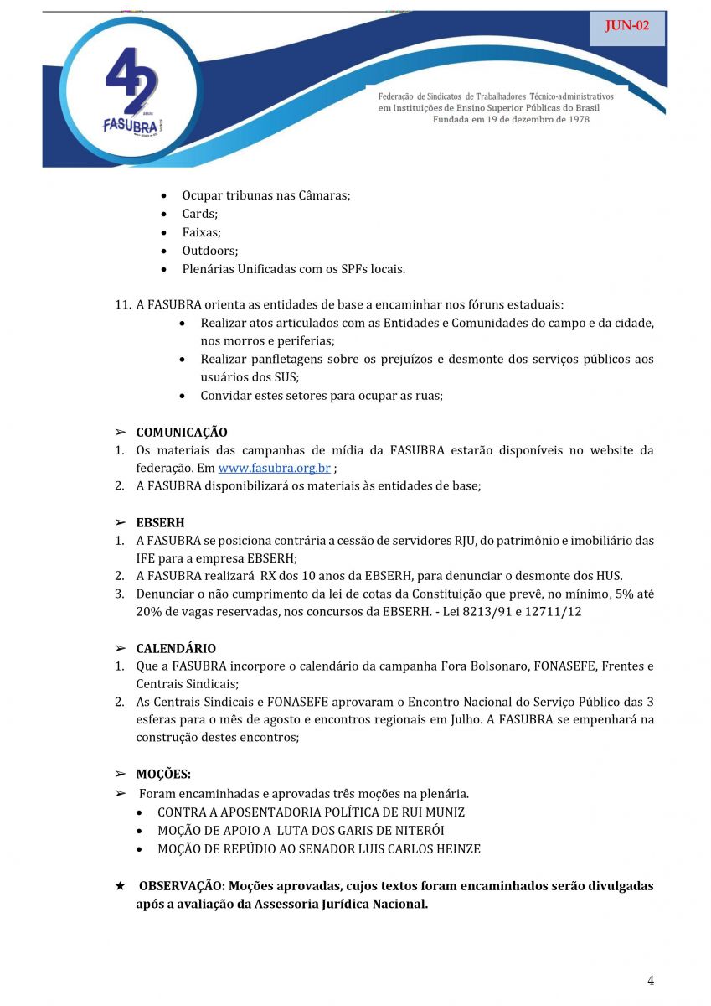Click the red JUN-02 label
pyautogui.click(x=627, y=26)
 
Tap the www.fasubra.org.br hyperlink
pyautogui.click(x=274, y=468)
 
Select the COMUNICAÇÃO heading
pyautogui.click(x=182, y=433)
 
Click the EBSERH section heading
pyautogui.click(x=160, y=522)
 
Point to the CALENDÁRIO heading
pyautogui.click(x=176, y=648)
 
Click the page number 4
pyautogui.click(x=651, y=981)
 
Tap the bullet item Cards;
pyautogui.click(x=199, y=214)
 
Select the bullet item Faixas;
pyautogui.click(x=201, y=232)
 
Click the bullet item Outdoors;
pyautogui.click(x=210, y=251)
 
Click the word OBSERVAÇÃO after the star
pyautogui.click(x=181, y=886)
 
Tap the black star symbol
pyautogui.click(x=120, y=886)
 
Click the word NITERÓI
pyautogui.click(x=416, y=831)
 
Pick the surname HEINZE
pyautogui.click(x=456, y=849)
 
